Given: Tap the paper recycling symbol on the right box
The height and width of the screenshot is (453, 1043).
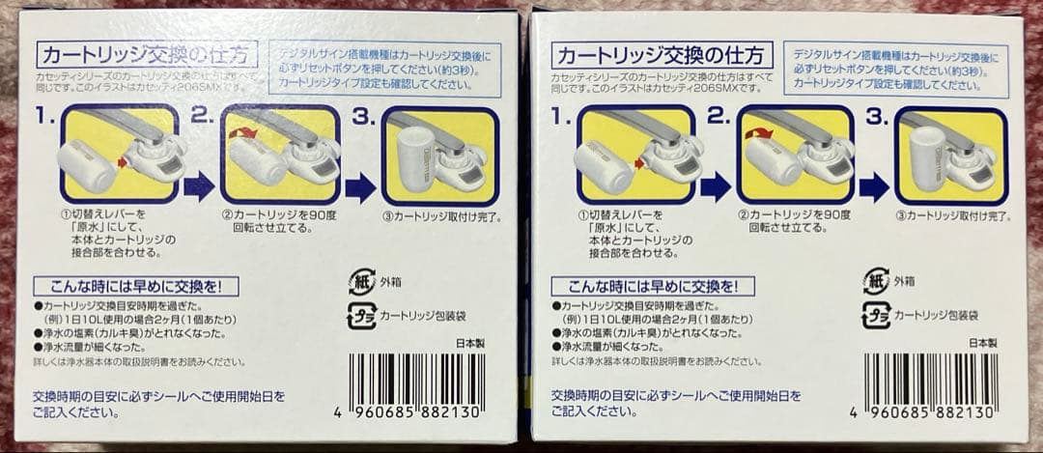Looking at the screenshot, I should tap(875, 281).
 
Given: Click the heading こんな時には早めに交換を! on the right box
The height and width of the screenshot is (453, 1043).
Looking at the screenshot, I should tap(650, 287).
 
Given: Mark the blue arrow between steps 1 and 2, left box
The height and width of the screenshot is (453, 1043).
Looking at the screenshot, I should tap(198, 185).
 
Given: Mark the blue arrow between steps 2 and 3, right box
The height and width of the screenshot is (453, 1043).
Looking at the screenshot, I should tap(873, 186).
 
